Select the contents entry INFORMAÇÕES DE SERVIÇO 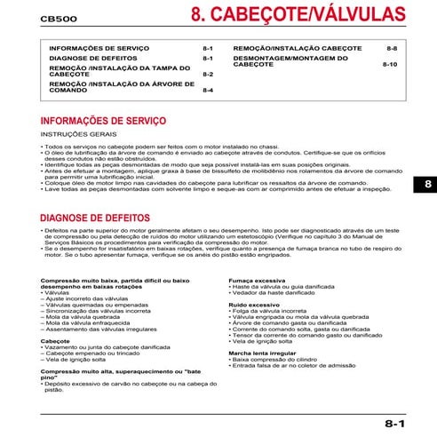98,47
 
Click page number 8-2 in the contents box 208,75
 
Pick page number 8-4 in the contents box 208,91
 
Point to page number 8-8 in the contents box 392,47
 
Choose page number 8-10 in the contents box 390,65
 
